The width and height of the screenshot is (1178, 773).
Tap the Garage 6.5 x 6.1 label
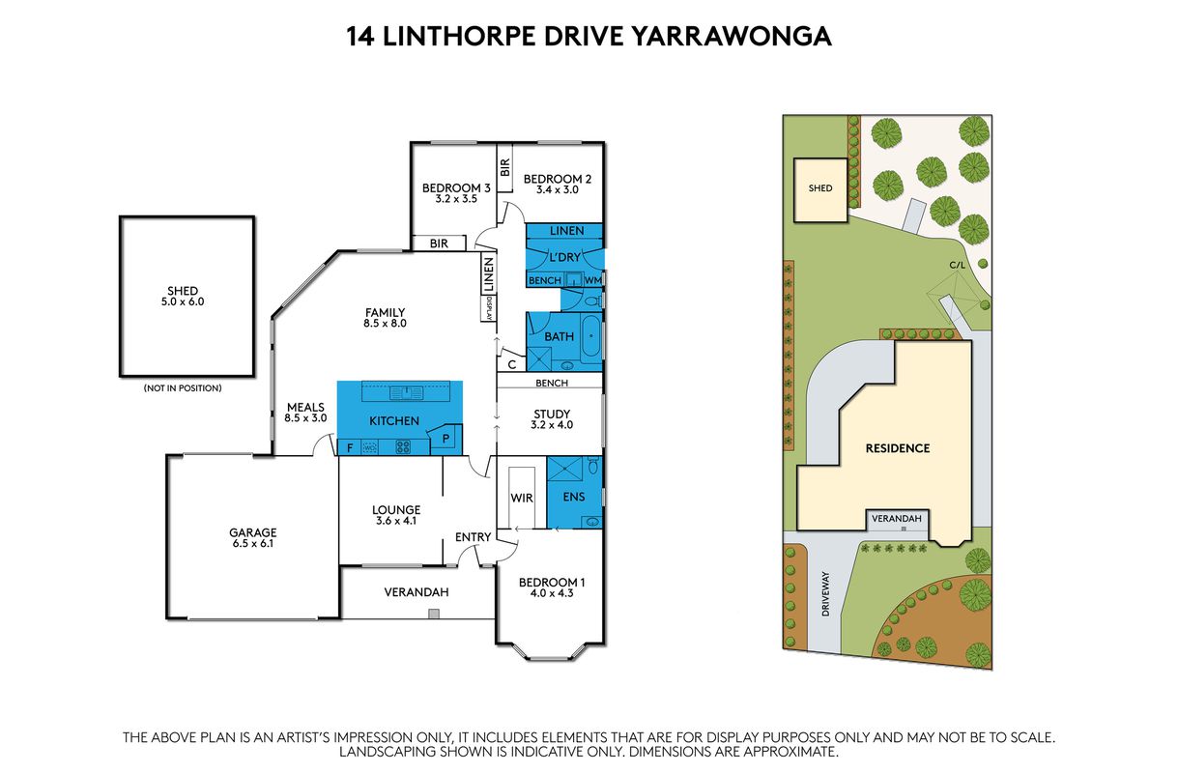253,538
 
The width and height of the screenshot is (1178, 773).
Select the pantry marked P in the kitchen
445,439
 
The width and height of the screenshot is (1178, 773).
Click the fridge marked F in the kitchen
350,448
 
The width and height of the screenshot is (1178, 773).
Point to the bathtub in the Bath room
591,336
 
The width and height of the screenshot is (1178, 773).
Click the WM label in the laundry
592,280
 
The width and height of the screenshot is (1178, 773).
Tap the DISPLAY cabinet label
489,308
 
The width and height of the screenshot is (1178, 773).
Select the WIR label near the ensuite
522,498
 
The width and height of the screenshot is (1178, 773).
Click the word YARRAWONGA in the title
731,37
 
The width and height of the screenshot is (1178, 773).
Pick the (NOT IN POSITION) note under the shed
183,388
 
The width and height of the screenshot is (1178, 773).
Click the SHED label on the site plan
820,188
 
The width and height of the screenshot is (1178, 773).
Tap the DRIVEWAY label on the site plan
825,593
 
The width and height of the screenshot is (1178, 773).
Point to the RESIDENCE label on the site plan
898,448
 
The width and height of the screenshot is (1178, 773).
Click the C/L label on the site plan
957,265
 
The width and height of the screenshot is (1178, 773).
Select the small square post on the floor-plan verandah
433,614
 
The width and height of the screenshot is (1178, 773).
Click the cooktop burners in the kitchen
403,447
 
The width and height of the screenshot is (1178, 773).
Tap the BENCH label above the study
552,384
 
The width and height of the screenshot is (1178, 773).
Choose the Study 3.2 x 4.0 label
552,419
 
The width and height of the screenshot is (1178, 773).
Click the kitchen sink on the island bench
406,393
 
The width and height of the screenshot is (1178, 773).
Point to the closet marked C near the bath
512,364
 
